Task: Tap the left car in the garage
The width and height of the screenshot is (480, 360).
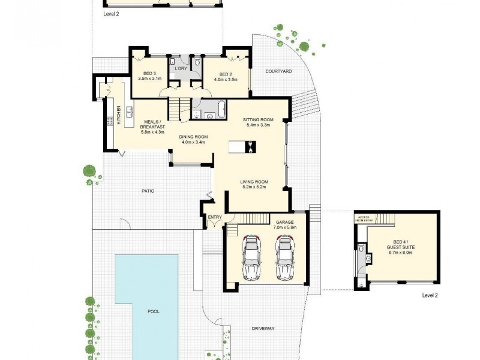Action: (252, 258)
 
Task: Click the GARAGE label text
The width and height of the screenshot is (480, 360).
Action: (285, 222)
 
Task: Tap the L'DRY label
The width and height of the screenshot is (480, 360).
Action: (181, 70)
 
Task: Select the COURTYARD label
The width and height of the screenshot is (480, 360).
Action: (278, 71)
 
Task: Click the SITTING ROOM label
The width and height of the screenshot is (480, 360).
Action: (258, 119)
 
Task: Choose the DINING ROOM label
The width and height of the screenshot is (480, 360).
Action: (193, 137)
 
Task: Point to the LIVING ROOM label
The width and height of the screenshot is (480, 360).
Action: (254, 182)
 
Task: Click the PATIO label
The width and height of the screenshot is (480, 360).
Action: (148, 191)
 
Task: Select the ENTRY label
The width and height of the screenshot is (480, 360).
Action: (214, 217)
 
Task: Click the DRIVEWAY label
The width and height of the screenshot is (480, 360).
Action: (262, 328)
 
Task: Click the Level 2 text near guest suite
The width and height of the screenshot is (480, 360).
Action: (431, 295)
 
